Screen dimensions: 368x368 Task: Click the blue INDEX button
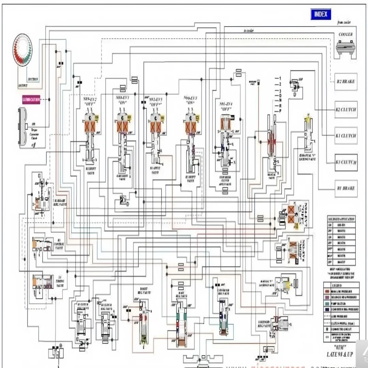pyautogui.click(x=321, y=14)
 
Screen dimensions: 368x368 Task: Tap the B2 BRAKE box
pyautogui.click(x=346, y=82)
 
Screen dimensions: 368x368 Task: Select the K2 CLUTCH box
pyautogui.click(x=346, y=109)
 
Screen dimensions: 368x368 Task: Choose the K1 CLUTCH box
pyautogui.click(x=346, y=136)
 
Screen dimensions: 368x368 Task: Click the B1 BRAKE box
pyautogui.click(x=346, y=188)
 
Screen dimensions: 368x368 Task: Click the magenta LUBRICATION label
pyautogui.click(x=31, y=100)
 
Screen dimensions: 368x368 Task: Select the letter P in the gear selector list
pyautogui.click(x=280, y=111)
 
